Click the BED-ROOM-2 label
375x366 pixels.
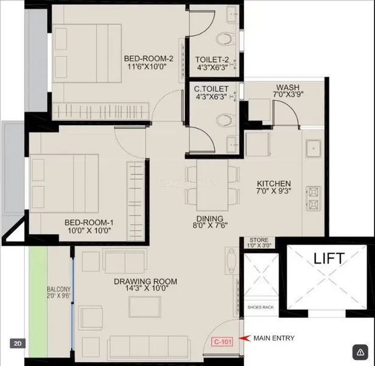click(149, 59)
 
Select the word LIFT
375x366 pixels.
click(328, 258)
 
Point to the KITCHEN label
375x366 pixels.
click(273, 184)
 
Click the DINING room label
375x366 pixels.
click(210, 218)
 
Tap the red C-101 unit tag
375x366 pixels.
click(222, 342)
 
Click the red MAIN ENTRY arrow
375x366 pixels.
click(245, 337)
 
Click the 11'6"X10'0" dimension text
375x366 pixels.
click(149, 68)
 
